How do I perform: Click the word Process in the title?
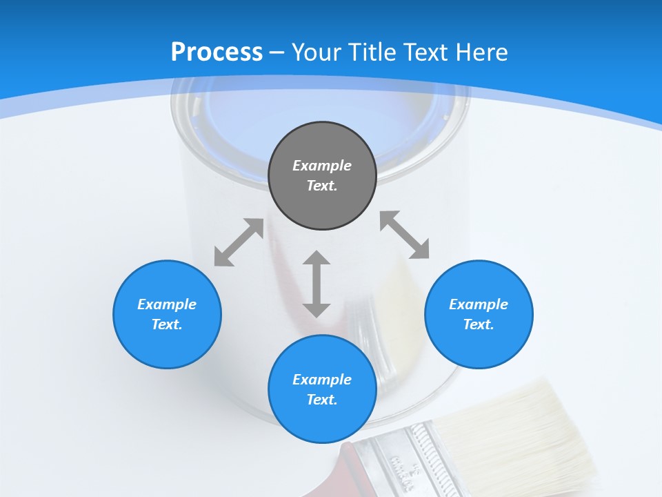[x=217, y=52]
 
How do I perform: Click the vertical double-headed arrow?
[x=317, y=284]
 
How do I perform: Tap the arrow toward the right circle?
[x=405, y=235]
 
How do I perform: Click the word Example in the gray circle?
[x=322, y=166]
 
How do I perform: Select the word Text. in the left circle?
[x=167, y=324]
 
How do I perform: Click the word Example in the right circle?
[x=479, y=304]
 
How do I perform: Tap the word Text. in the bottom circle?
[x=322, y=400]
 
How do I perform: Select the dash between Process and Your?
[x=277, y=52]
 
